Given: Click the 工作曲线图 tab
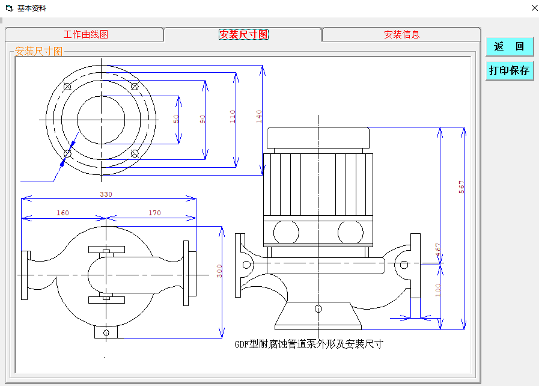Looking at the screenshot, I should click(85, 34).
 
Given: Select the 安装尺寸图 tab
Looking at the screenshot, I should click(243, 34).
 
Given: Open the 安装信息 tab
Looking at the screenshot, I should click(401, 34).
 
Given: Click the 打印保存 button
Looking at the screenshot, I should click(510, 70).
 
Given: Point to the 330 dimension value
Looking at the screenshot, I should click(106, 194).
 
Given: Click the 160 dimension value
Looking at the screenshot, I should click(62, 213).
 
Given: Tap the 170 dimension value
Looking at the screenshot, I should click(154, 213).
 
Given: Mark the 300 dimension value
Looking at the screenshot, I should click(219, 271).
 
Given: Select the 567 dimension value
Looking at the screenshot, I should click(461, 187).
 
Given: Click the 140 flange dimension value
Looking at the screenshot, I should click(259, 116).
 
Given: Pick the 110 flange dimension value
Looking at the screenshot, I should click(233, 116).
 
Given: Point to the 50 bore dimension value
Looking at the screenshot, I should click(176, 119).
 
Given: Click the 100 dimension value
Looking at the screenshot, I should click(437, 290).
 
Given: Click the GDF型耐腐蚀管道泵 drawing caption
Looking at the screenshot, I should click(308, 344).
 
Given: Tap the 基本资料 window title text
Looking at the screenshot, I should click(31, 8).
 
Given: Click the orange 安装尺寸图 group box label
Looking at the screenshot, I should click(39, 51).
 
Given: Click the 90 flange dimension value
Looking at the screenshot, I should click(203, 119).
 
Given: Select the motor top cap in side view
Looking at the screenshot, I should click(318, 138).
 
